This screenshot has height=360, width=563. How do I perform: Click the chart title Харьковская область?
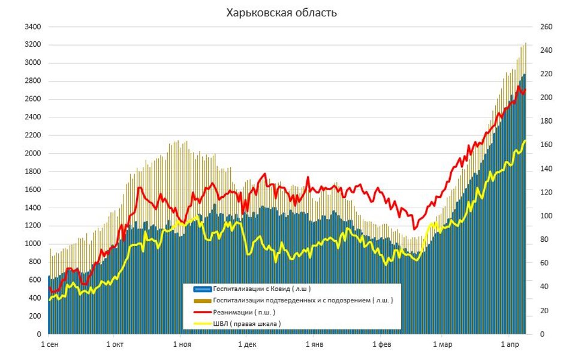[x=281, y=13]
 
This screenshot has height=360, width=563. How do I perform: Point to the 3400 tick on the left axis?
[x=32, y=27]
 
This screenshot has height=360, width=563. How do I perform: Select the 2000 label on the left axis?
[x=32, y=154]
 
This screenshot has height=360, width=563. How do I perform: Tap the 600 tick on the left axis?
[x=35, y=280]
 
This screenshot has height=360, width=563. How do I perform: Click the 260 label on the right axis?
[x=546, y=27]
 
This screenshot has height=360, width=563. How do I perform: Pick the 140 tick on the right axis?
[x=546, y=169]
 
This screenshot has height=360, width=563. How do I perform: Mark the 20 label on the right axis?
[x=544, y=310]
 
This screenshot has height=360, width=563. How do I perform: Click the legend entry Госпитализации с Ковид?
[x=261, y=289]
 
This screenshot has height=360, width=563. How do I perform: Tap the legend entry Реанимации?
[x=244, y=312]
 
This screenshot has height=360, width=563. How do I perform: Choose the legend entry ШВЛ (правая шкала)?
[x=247, y=323]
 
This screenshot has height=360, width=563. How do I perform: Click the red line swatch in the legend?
[x=202, y=312]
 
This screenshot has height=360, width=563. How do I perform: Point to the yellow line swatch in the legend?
[x=202, y=323]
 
